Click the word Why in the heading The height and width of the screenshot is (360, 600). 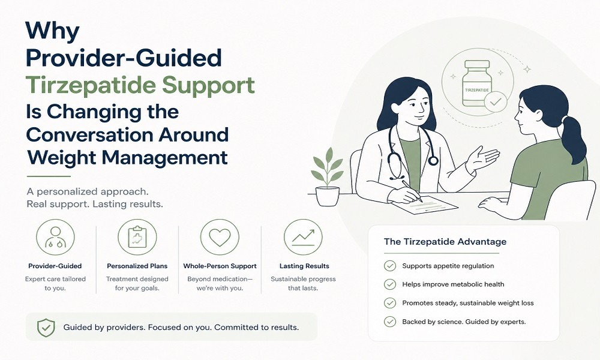(x=52, y=31)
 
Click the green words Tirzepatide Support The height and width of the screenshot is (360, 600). (x=140, y=85)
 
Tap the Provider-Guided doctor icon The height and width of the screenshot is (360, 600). (x=55, y=237)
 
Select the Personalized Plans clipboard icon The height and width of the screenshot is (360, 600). (x=137, y=237)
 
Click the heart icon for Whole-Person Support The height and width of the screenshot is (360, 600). (x=220, y=237)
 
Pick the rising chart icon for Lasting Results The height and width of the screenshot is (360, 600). (x=303, y=237)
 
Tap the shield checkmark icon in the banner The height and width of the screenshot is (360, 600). (x=46, y=328)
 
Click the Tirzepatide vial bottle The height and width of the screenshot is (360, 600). (x=477, y=83)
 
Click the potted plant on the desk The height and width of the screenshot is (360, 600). (x=327, y=177)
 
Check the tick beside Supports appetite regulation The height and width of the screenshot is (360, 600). (x=390, y=266)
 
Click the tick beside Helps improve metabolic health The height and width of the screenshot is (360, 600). (x=390, y=284)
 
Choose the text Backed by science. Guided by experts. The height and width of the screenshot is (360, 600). (x=464, y=322)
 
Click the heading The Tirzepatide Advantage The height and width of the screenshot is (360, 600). (x=445, y=242)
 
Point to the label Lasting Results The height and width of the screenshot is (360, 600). (x=304, y=266)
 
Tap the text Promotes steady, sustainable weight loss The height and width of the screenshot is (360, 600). (x=467, y=303)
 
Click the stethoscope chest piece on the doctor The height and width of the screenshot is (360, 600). (x=433, y=160)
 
